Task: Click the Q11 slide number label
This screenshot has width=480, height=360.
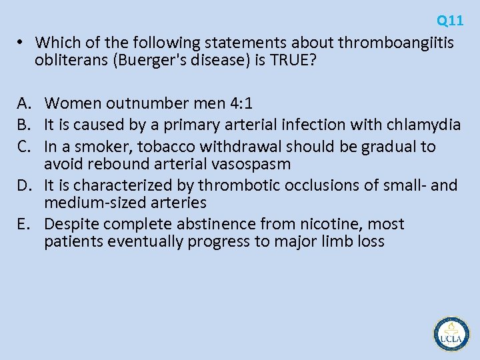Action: pos(450,21)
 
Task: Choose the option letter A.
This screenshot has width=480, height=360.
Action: pos(25,103)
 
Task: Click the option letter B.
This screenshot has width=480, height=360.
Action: pos(25,125)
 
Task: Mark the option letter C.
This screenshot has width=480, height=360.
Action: pos(25,146)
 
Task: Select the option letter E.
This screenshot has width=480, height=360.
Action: pos(25,224)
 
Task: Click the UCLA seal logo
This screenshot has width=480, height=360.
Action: pos(451,334)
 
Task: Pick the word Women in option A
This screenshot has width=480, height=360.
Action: pos(70,103)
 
